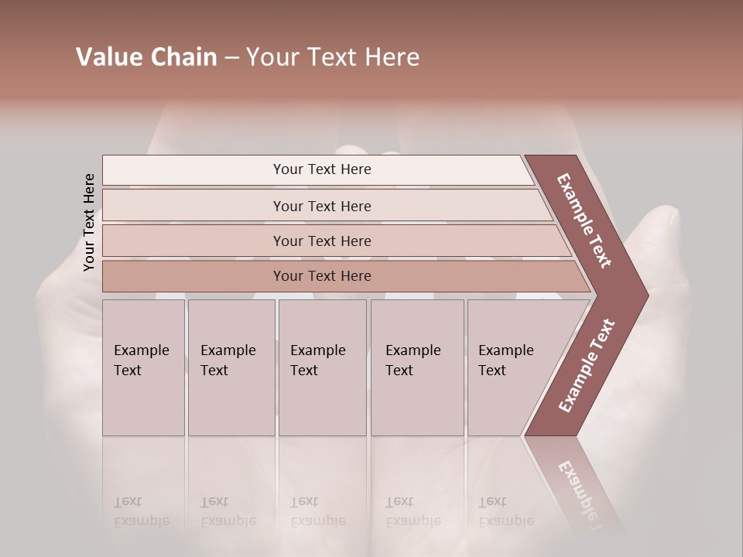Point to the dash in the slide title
pyautogui.click(x=231, y=58)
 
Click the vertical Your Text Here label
pyautogui.click(x=89, y=222)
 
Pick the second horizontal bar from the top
pyautogui.click(x=322, y=206)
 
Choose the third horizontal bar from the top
pyautogui.click(x=322, y=241)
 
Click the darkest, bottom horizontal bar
pyautogui.click(x=322, y=276)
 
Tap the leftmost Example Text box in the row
pyautogui.click(x=143, y=367)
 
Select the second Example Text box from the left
pyautogui.click(x=231, y=367)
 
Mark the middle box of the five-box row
pyautogui.click(x=322, y=367)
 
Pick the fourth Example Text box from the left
pyautogui.click(x=416, y=367)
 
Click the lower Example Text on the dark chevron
pyautogui.click(x=587, y=366)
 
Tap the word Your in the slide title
pyautogui.click(x=272, y=57)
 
